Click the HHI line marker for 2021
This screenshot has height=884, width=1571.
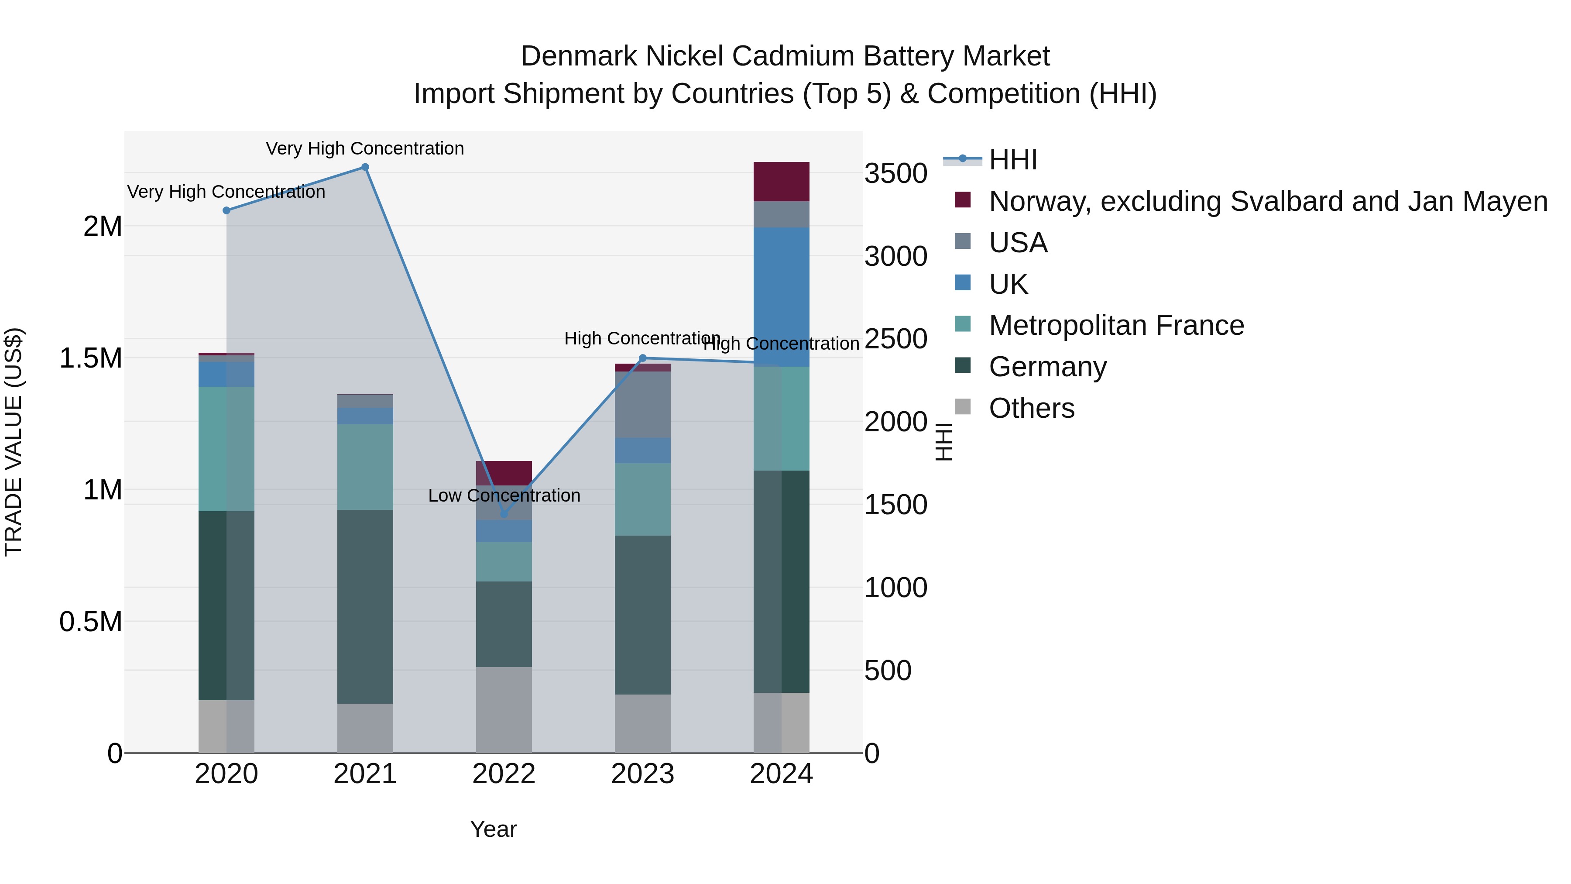[x=365, y=167]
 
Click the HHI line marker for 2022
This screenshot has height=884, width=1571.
[x=504, y=514]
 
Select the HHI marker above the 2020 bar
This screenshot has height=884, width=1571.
[x=226, y=210]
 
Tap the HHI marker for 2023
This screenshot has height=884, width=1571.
[x=642, y=358]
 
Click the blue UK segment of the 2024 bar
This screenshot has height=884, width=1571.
[x=781, y=297]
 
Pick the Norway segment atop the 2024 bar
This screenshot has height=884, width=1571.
[x=781, y=181]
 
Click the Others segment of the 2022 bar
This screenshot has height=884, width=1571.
[x=504, y=709]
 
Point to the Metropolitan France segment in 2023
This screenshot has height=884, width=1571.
[x=642, y=499]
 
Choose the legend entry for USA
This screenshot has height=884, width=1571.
[x=1018, y=243]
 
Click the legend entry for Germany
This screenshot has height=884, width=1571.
[x=1047, y=367]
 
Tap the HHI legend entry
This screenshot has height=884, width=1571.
[x=1012, y=160]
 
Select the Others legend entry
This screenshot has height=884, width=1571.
[x=1031, y=408]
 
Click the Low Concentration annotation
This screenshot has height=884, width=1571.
[x=504, y=495]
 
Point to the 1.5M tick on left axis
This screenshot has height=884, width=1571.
[x=90, y=358]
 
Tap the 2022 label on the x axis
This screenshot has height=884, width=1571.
[x=504, y=774]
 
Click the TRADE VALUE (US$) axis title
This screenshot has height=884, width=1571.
[x=14, y=442]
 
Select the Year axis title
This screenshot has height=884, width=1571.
[x=493, y=829]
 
